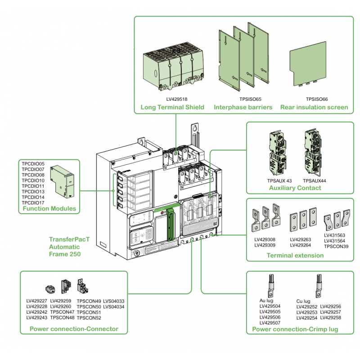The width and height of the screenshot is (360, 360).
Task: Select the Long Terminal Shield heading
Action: point(172,107)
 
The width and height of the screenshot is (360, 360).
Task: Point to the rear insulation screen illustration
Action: point(308,66)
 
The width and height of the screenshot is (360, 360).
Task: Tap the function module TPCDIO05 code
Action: point(33,163)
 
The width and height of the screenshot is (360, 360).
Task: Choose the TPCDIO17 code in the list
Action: point(33,202)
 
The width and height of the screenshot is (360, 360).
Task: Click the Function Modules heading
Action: point(46,209)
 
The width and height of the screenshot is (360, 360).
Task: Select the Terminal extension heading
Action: point(295,255)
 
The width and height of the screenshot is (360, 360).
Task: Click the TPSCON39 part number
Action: point(336,246)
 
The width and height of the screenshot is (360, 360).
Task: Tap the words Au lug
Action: point(266,301)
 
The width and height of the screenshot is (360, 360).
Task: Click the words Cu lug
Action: point(304,301)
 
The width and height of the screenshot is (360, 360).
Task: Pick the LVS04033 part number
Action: point(114,301)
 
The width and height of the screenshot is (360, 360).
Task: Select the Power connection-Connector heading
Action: point(74,329)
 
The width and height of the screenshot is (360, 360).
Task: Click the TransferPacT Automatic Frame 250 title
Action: point(69,247)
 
